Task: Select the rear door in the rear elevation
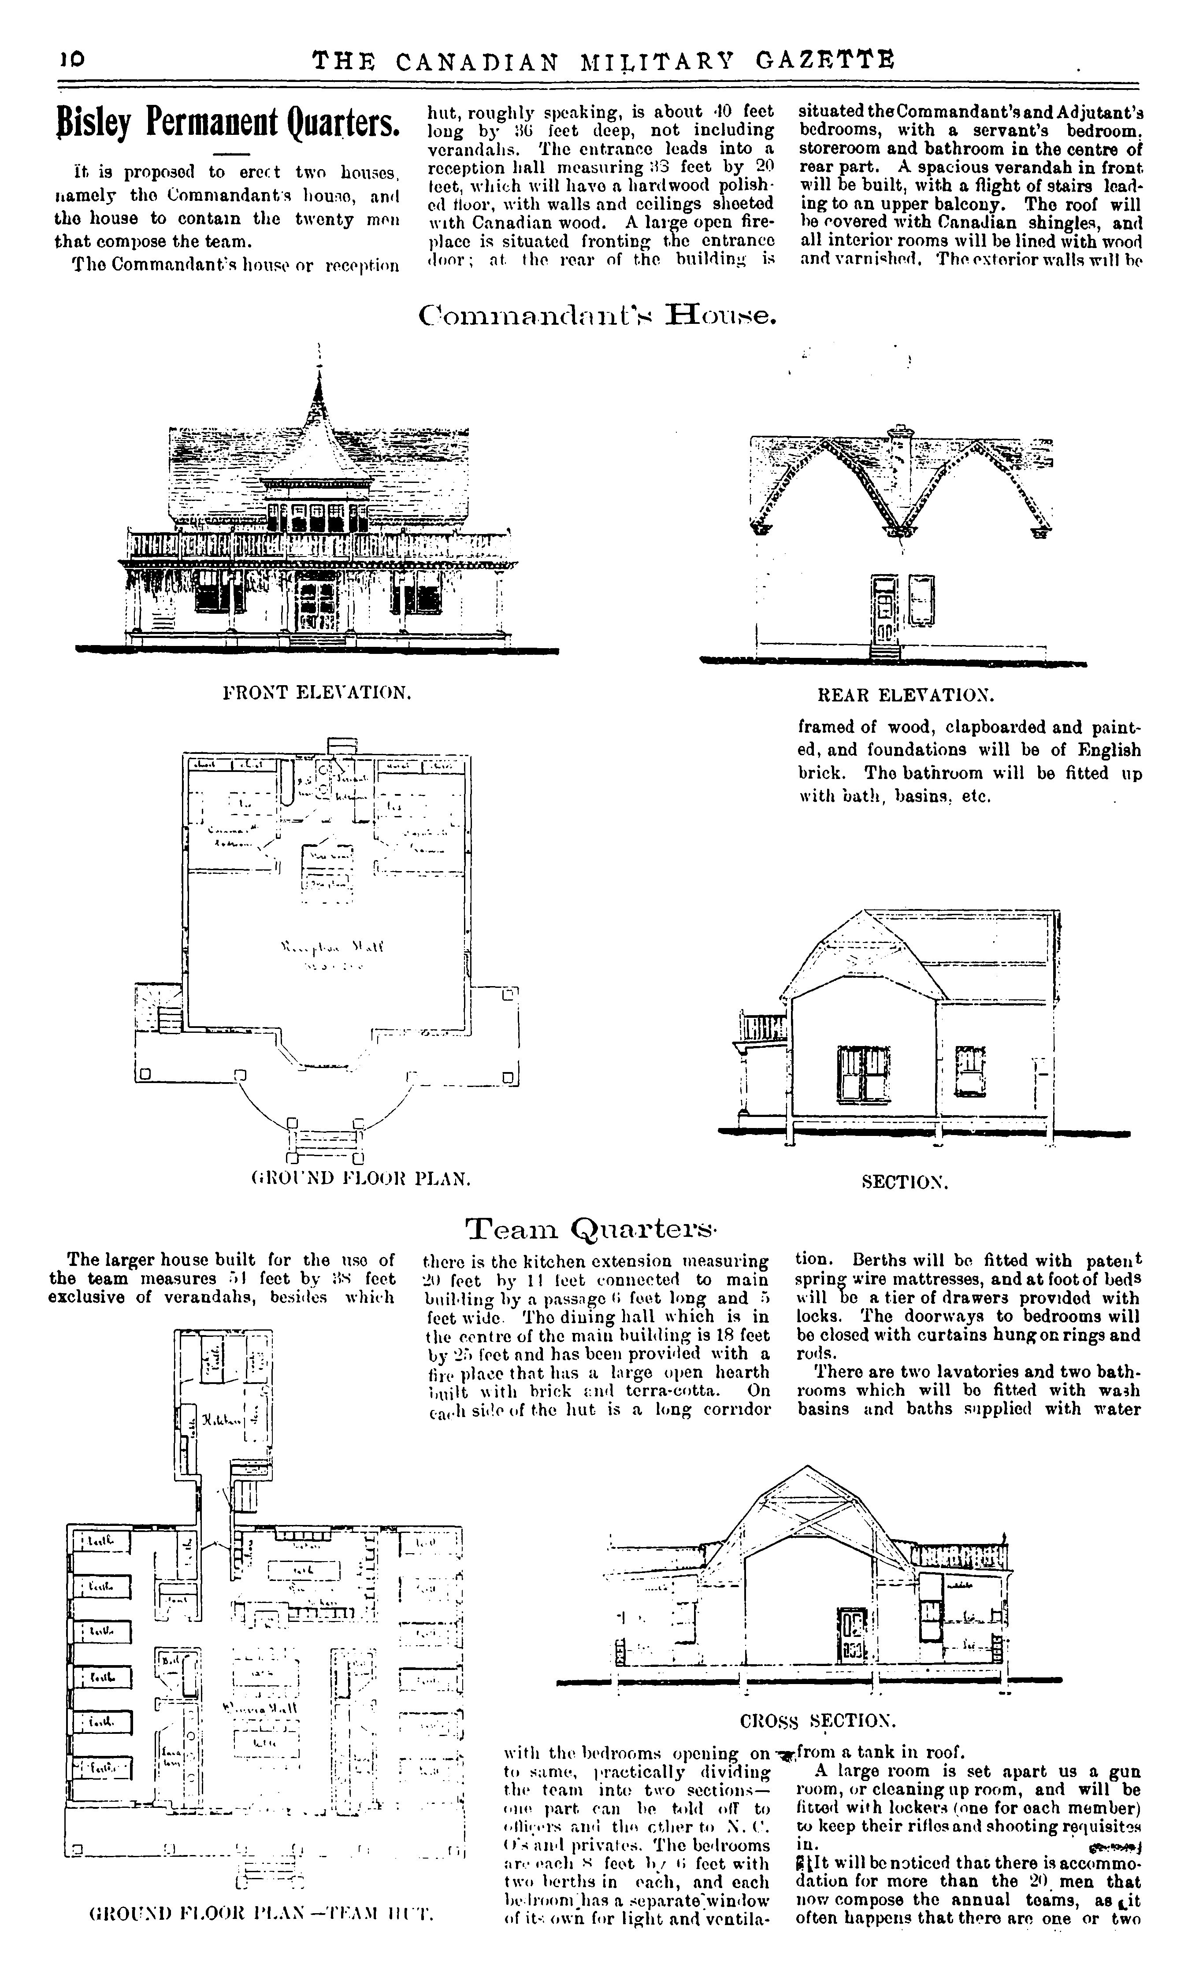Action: [x=884, y=608]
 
